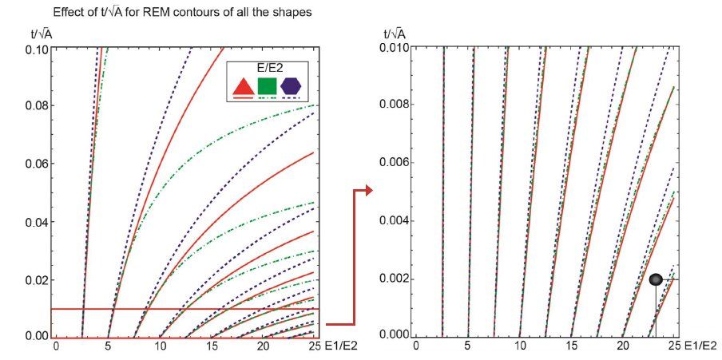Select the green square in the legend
click(267, 86)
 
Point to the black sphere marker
click(656, 279)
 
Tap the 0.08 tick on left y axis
click(36, 105)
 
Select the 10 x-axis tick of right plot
click(519, 348)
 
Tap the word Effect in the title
click(67, 13)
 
